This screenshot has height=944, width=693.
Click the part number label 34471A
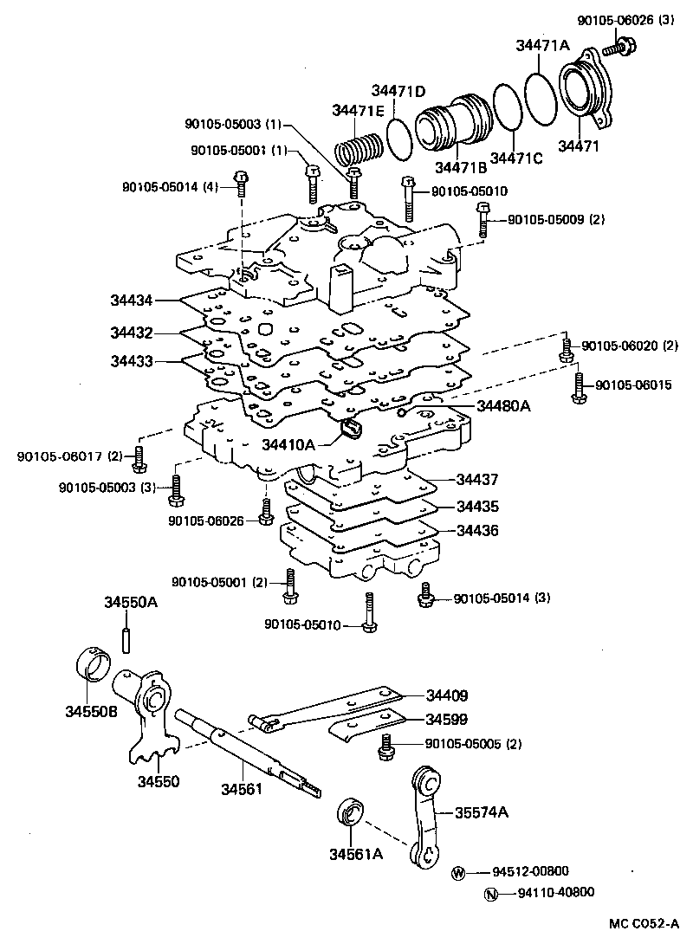[544, 47]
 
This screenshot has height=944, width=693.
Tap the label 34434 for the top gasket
[132, 301]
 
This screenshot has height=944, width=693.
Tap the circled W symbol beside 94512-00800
[459, 873]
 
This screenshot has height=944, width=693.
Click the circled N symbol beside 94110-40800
[490, 895]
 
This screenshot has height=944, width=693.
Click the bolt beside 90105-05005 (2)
[386, 746]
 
